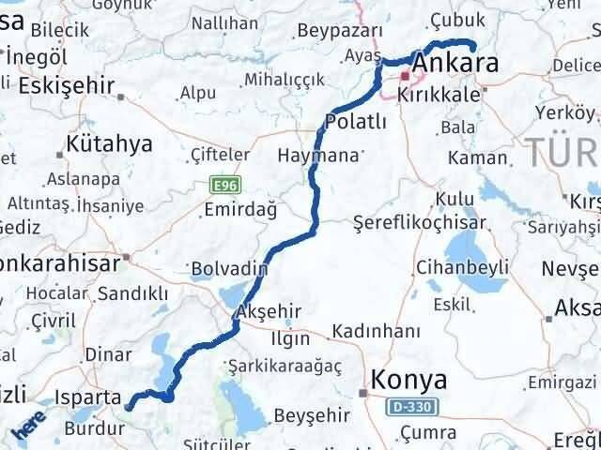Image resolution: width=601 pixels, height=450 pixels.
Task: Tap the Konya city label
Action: coord(410,380)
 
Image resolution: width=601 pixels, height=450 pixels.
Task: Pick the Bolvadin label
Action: coord(228,269)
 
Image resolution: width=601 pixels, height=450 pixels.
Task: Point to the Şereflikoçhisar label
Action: coord(420,223)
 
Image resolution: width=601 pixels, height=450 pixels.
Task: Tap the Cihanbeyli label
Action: coord(464,268)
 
